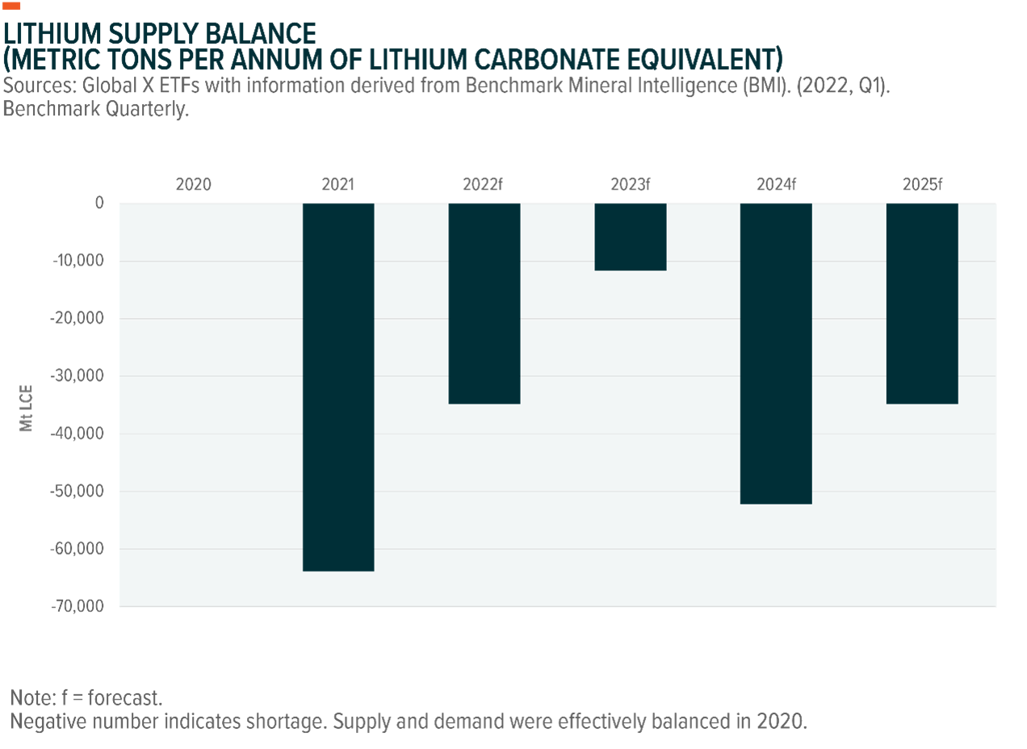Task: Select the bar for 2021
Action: pos(338,387)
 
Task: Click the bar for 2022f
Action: pos(484,303)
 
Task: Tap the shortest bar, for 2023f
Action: pos(631,237)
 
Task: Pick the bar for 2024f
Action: pos(776,354)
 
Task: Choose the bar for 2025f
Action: pos(922,303)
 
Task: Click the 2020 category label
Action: pos(194,185)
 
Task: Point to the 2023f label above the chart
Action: pos(631,185)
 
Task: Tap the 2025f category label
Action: pos(922,185)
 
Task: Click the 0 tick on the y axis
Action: pos(99,203)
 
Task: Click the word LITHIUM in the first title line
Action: pos(52,34)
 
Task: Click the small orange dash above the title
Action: pos(12,6)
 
